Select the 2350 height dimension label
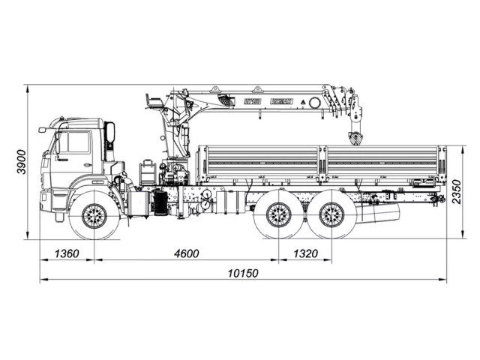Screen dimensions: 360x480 pyautogui.click(x=457, y=192)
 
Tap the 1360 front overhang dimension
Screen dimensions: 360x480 pyautogui.click(x=67, y=253)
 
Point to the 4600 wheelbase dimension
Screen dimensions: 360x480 pyautogui.click(x=185, y=253)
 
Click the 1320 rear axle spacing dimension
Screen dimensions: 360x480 pyautogui.click(x=304, y=253)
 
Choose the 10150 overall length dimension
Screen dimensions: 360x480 pyautogui.click(x=243, y=274)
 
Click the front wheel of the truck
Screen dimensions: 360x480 pyautogui.click(x=94, y=216)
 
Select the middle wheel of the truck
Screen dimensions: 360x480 pyautogui.click(x=279, y=216)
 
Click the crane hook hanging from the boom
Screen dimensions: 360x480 pyautogui.click(x=354, y=138)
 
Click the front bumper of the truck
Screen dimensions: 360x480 pyautogui.click(x=46, y=201)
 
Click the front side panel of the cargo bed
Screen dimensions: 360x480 pyautogui.click(x=259, y=163)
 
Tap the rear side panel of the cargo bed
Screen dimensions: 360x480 pyautogui.click(x=382, y=163)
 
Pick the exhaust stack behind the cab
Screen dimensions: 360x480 pyautogui.click(x=111, y=138)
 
